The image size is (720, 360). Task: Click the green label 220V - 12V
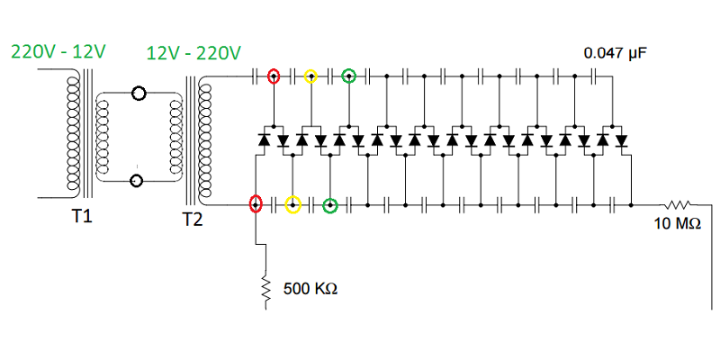tap(58, 51)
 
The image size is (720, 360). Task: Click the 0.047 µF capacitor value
tap(616, 53)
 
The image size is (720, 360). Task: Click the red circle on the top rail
tap(274, 76)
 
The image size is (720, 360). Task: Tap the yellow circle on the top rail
tap(310, 76)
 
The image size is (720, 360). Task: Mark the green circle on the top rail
tap(349, 76)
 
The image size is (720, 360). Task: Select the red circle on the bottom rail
tap(256, 205)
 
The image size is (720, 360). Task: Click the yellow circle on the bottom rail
tap(292, 205)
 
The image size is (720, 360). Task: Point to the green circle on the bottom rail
tap(330, 205)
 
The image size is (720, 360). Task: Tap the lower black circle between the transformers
tap(138, 180)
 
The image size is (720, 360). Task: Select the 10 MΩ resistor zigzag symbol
tap(678, 204)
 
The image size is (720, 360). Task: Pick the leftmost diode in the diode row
tap(265, 140)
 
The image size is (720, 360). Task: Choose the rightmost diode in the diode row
tap(621, 140)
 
